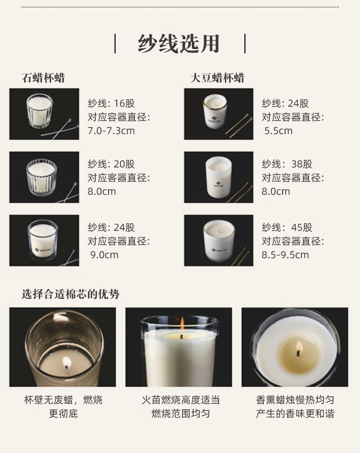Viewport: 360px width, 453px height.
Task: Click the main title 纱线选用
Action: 179,44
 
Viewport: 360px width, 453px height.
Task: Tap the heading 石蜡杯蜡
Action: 43,78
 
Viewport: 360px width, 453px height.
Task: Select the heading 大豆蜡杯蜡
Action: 217,78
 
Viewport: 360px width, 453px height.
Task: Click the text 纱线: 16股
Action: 111,104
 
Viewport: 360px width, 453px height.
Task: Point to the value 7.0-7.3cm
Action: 111,130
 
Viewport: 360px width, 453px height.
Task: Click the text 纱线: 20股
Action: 111,164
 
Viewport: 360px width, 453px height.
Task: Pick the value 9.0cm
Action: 104,255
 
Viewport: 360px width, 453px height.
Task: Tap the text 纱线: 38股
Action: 287,164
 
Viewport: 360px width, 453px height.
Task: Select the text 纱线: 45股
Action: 287,227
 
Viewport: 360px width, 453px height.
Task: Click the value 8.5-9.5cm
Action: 285,255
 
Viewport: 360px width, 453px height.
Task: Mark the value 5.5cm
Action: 278,130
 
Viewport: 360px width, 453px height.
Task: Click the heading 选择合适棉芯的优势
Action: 71,294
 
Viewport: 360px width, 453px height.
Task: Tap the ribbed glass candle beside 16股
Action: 40,111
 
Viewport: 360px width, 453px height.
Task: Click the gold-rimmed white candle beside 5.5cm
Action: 215,111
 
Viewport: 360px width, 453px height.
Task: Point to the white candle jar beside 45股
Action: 219,240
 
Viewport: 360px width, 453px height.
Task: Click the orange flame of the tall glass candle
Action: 182,323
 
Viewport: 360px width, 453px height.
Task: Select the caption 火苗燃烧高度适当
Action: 181,400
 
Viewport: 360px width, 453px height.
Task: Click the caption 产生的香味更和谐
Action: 295,414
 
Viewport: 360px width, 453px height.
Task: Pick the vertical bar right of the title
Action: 245,44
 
